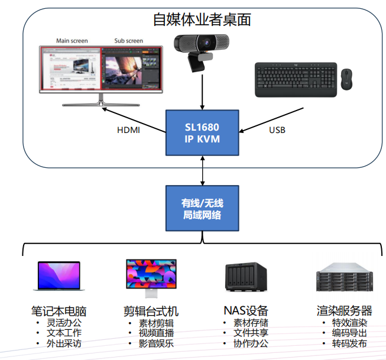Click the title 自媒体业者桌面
pyautogui.click(x=202, y=20)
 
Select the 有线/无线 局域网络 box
pyautogui.click(x=202, y=209)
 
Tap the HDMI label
pyautogui.click(x=128, y=129)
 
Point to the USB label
pyautogui.click(x=277, y=129)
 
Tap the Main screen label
pyautogui.click(x=72, y=41)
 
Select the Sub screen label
pyautogui.click(x=128, y=41)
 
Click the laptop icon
pyautogui.click(x=59, y=277)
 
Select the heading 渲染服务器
pyautogui.click(x=344, y=310)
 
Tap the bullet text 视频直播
pyautogui.click(x=157, y=333)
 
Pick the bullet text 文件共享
pyautogui.click(x=251, y=333)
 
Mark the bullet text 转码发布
pyautogui.click(x=349, y=343)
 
